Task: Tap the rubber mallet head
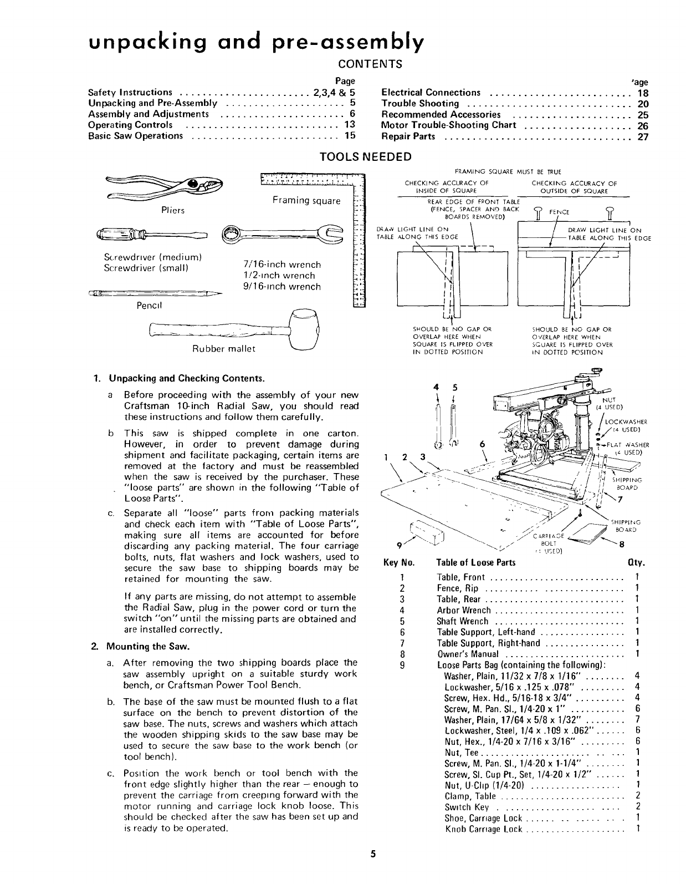305,328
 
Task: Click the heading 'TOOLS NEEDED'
366,156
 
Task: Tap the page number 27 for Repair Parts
643,136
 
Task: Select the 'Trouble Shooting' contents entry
420,104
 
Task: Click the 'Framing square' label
306,201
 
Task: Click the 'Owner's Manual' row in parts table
468,654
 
